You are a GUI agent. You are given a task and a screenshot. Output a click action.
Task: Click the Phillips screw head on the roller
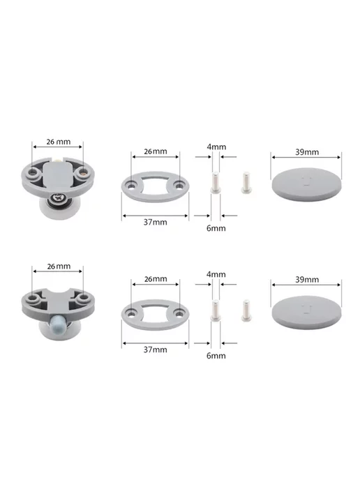[x=58, y=198]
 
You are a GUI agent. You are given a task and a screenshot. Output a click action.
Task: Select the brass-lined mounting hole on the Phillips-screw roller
[x=83, y=173]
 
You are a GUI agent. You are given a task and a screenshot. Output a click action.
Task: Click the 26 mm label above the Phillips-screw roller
[x=59, y=142]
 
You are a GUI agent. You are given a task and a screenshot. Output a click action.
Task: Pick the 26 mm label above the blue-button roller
[x=59, y=267]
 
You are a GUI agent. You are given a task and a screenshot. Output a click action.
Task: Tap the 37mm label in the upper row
[x=156, y=223]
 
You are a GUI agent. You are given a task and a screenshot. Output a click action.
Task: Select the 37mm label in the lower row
[x=156, y=350]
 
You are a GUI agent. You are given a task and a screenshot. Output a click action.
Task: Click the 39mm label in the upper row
[x=307, y=152]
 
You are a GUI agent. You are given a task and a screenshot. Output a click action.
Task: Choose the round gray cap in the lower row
[x=306, y=313]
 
